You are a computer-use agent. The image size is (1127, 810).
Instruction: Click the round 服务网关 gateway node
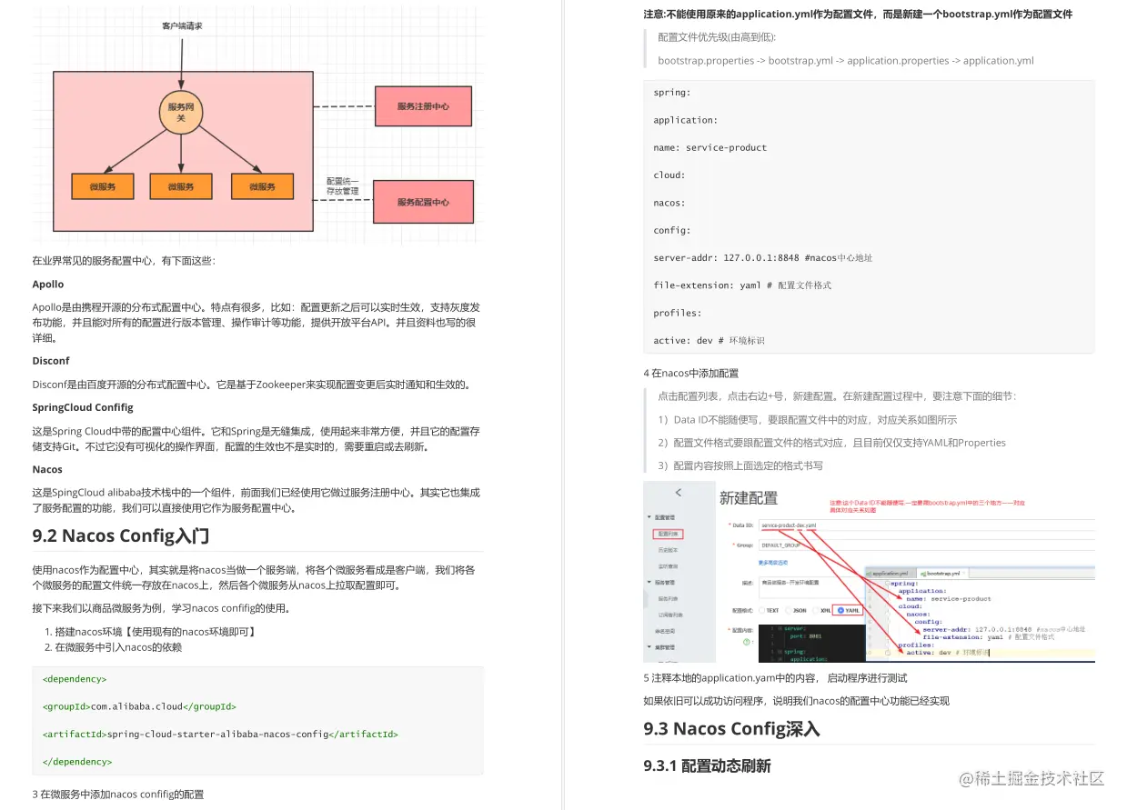pos(180,112)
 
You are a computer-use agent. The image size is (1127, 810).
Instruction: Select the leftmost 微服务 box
pos(103,186)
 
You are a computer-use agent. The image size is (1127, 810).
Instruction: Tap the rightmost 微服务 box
pos(262,186)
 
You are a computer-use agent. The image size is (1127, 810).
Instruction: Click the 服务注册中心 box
pos(423,107)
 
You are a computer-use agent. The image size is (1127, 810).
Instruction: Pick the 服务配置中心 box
pos(423,202)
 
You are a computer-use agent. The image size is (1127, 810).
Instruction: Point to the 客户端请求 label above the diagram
pos(182,26)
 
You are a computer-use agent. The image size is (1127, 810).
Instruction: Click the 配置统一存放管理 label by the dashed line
pos(343,185)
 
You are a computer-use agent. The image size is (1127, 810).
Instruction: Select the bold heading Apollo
pos(48,285)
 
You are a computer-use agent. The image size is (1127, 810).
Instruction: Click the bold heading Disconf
pos(51,361)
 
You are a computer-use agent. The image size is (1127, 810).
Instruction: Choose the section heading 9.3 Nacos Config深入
pos(731,728)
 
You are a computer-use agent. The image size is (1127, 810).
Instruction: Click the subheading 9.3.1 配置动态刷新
pos(707,765)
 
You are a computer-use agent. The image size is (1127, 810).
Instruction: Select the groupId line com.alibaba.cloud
pos(139,706)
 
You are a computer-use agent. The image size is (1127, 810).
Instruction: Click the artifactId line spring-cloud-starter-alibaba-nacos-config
pos(220,734)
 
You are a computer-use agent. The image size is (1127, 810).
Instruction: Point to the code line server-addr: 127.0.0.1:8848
pos(762,258)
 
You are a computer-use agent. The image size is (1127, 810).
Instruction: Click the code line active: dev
pos(709,341)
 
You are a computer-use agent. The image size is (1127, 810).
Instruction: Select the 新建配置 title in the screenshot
pos(749,498)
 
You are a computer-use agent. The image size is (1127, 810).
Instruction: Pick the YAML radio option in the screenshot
pos(849,610)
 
